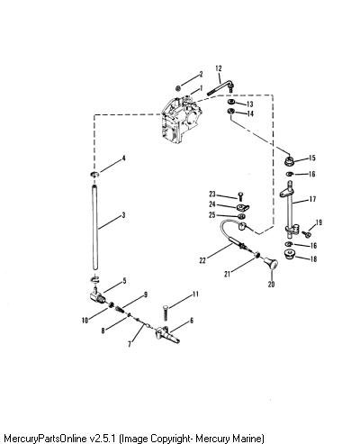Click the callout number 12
click(x=219, y=68)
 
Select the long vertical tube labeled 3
click(x=95, y=228)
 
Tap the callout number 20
click(x=271, y=284)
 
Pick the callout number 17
click(x=312, y=199)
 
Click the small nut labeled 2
click(x=178, y=88)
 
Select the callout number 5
click(x=124, y=281)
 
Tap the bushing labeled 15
click(x=289, y=162)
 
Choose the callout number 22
click(x=202, y=260)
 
